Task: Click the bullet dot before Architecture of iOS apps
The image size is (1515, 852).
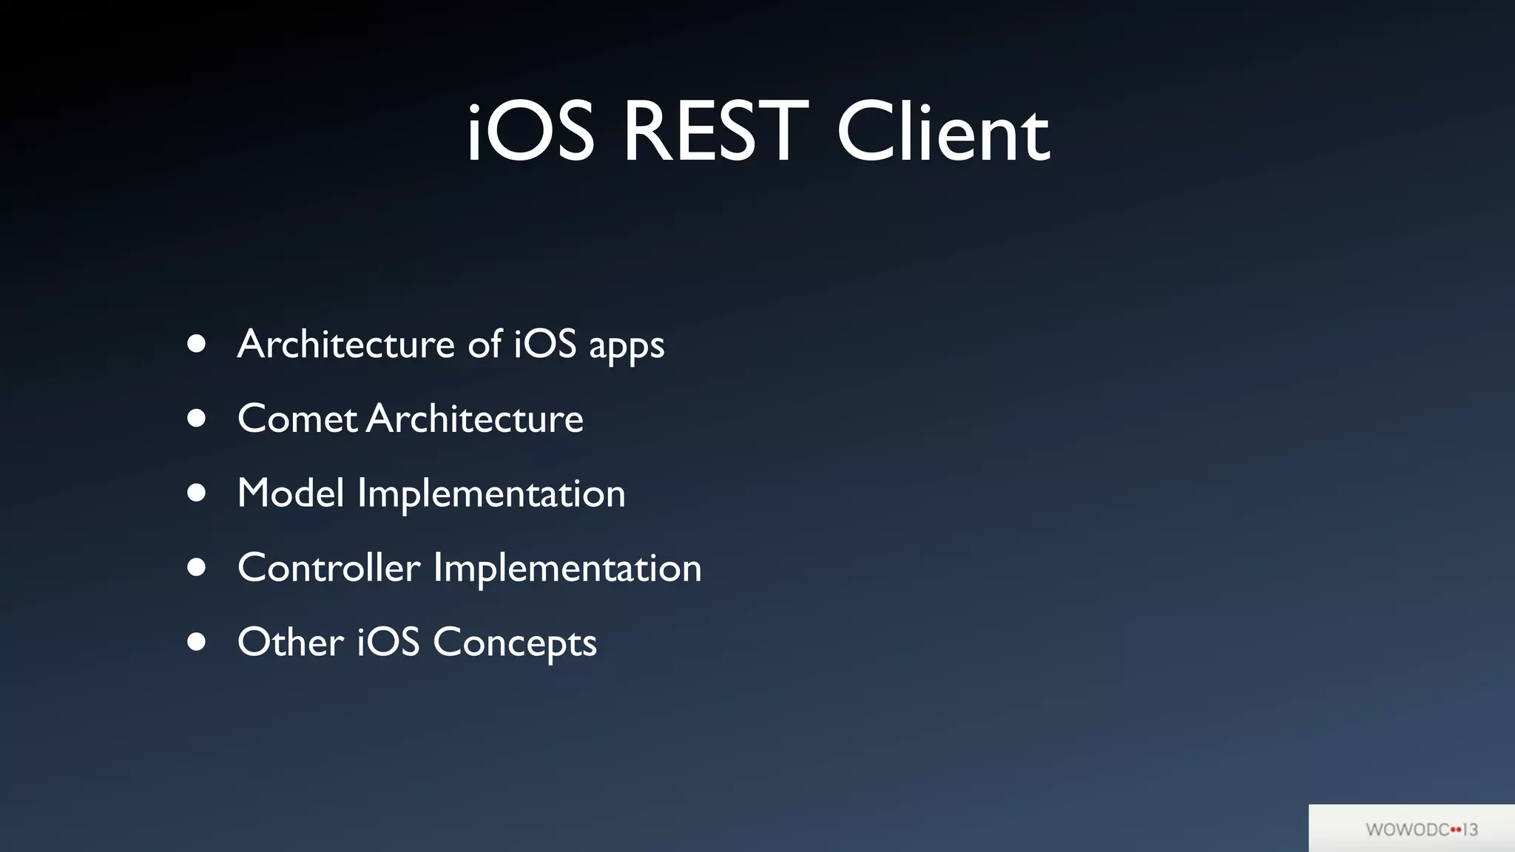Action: [196, 344]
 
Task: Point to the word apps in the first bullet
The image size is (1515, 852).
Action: [626, 346]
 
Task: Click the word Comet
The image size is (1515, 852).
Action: [297, 419]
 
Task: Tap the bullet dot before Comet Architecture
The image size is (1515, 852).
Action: [196, 419]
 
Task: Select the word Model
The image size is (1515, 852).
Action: [291, 493]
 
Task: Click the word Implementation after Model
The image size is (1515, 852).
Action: [491, 494]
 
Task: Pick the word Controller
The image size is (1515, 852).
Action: [328, 567]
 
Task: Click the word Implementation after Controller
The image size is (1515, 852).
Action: [567, 569]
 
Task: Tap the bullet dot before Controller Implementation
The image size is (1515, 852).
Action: [196, 567]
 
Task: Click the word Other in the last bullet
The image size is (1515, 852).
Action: [290, 641]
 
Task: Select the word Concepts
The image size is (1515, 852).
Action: [514, 643]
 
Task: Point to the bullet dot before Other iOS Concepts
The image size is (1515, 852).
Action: [196, 641]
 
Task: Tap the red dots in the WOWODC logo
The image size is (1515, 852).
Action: [1456, 830]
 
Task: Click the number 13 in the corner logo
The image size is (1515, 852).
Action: [1471, 830]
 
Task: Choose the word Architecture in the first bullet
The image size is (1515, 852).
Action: [345, 344]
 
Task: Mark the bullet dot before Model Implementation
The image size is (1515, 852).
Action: [196, 493]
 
